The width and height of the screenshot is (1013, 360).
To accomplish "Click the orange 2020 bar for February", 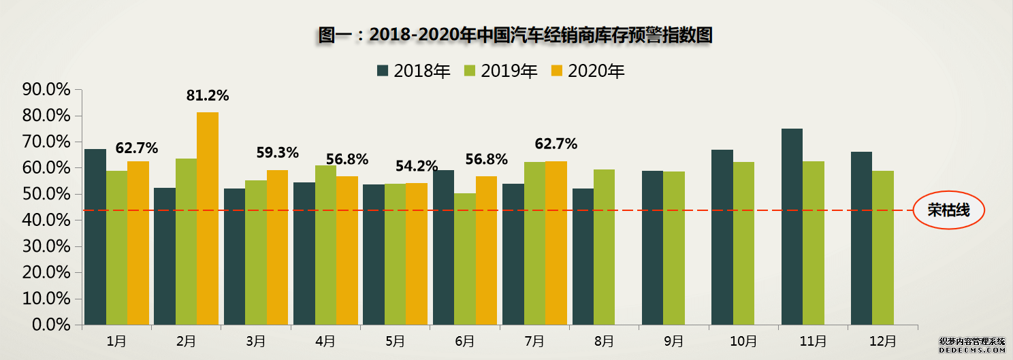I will (208, 218).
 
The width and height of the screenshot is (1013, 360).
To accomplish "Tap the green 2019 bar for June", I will (465, 259).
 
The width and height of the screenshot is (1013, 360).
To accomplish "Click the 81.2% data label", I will (208, 96).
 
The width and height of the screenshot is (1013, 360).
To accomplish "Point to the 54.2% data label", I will (417, 167).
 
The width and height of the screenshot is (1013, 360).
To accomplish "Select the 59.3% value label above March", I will (277, 153).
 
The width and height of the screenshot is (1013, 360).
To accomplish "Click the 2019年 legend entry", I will (500, 71).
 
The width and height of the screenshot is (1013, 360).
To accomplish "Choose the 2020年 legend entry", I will (588, 71).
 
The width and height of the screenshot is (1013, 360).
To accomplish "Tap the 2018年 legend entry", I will (413, 71).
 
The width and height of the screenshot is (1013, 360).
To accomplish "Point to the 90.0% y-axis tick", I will (47, 90).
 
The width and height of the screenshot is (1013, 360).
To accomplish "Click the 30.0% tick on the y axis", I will (47, 246).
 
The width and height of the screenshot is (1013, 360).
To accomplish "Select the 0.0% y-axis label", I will (51, 325).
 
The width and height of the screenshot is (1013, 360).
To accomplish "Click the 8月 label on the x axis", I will (605, 340).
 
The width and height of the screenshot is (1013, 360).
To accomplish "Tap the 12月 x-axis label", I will (884, 340).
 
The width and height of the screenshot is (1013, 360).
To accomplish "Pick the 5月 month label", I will (395, 340).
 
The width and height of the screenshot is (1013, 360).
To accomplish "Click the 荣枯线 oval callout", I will (948, 210).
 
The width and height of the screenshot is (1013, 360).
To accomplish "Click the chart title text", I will (515, 35).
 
